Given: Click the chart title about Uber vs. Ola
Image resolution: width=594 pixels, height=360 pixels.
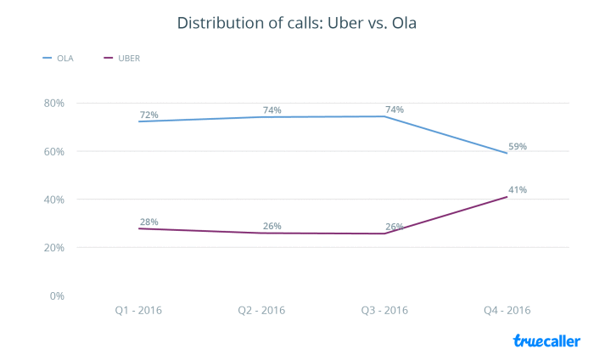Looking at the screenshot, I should [x=296, y=23].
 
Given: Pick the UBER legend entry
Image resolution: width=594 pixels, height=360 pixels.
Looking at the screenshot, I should [x=123, y=58].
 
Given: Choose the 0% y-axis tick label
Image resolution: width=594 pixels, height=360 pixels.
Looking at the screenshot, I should [x=56, y=296].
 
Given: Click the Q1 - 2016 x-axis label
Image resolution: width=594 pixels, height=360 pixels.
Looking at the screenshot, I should [x=138, y=311].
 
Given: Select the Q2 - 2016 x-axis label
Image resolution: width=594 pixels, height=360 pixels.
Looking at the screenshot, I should [x=261, y=311].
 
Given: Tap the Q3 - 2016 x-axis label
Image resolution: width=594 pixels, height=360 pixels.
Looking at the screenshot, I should [x=384, y=311].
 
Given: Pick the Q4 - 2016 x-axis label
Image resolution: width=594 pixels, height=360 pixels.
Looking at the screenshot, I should [x=507, y=311].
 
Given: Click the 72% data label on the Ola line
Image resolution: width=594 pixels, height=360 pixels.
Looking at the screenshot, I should [x=149, y=115].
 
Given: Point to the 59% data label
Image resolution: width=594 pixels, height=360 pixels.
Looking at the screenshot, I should [x=518, y=146].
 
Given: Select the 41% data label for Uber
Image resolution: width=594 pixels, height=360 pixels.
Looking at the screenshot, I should [x=518, y=189].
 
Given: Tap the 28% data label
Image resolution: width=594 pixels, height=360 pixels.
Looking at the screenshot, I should [x=149, y=222].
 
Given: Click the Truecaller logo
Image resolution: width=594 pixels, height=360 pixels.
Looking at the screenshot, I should [x=546, y=340].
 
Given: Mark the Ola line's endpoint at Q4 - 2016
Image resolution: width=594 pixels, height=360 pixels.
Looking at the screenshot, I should [x=507, y=153].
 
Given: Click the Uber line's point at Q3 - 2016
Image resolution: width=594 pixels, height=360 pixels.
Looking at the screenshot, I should [x=384, y=233].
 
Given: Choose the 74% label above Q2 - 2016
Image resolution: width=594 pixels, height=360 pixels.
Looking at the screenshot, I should [x=272, y=110].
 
